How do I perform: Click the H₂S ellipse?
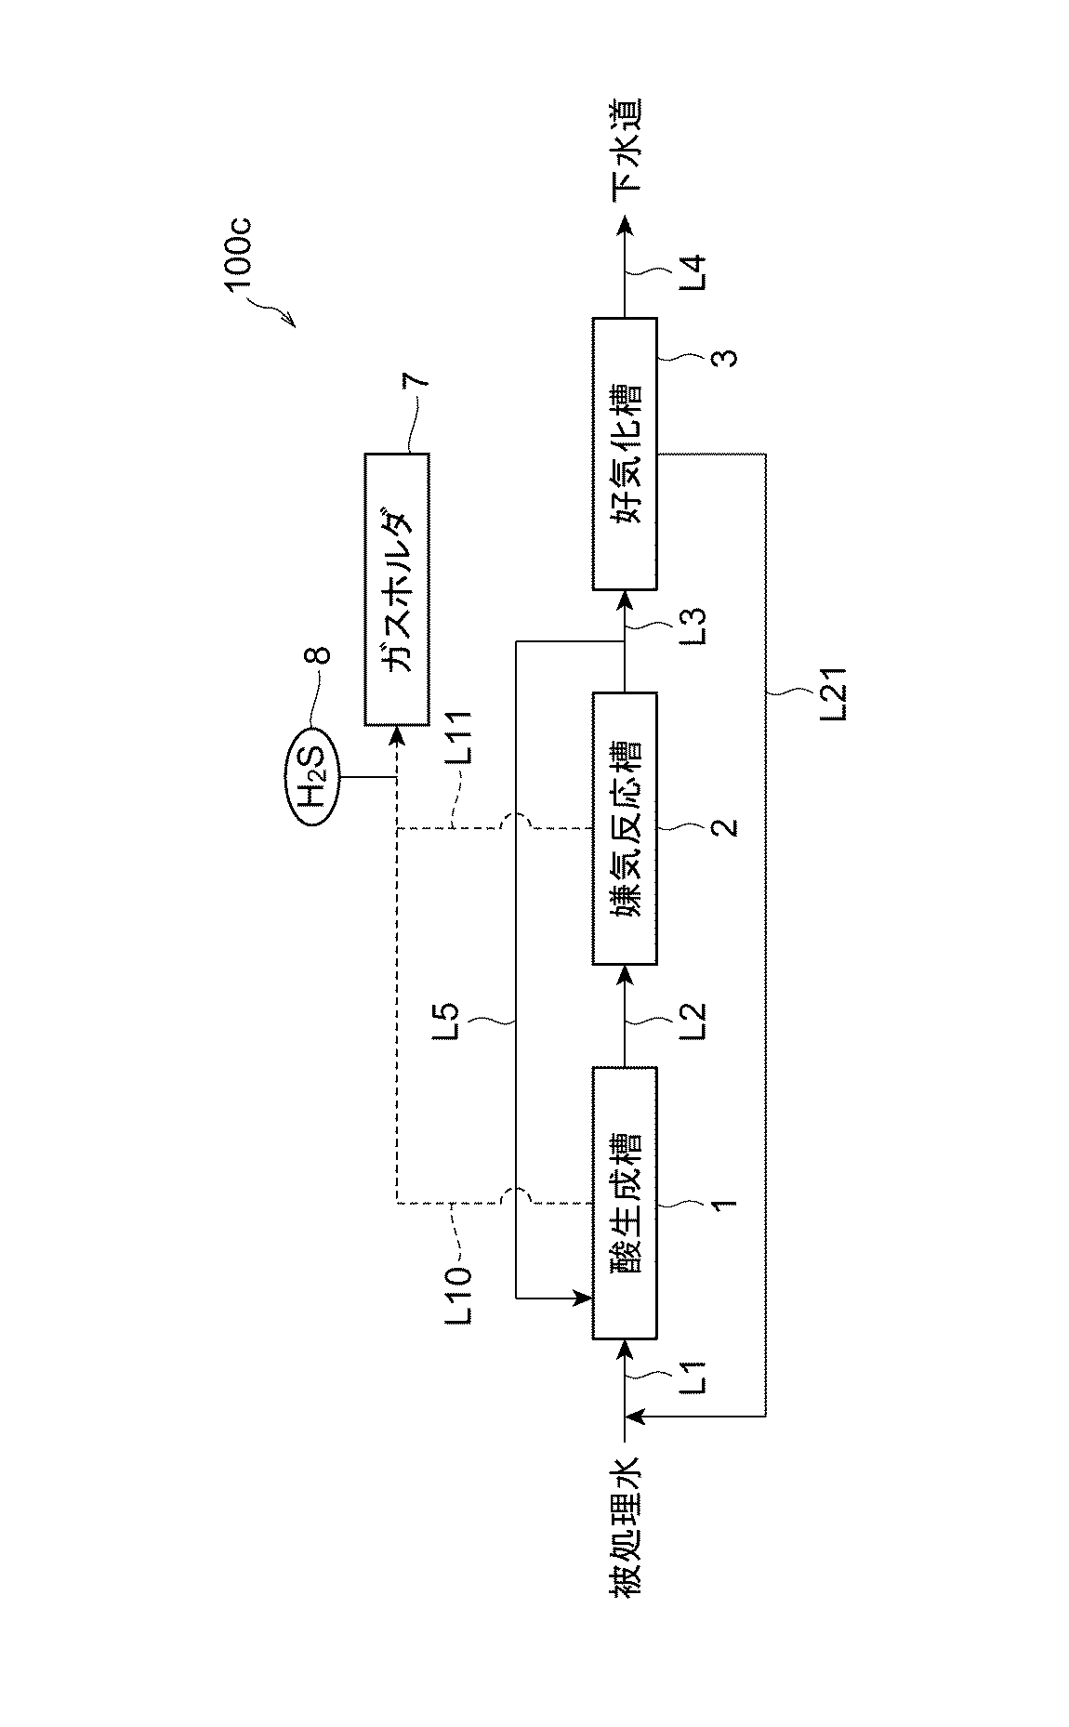tap(314, 776)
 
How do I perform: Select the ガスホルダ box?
tap(397, 589)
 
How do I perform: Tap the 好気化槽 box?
tap(625, 454)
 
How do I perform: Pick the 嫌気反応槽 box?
tap(625, 827)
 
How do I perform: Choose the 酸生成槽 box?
tap(625, 1203)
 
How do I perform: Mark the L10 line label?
tap(459, 1290)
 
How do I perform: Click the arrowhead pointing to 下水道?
tap(625, 224)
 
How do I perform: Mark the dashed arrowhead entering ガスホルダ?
tap(397, 735)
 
